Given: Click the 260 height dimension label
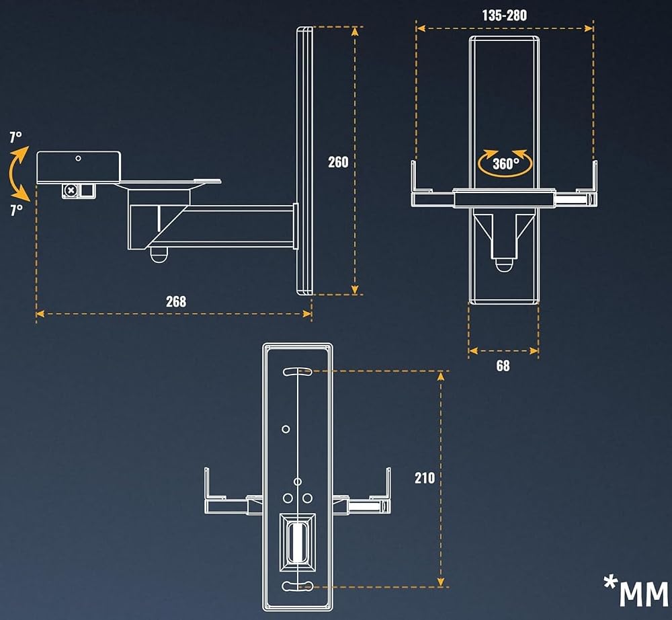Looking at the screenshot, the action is (x=338, y=162).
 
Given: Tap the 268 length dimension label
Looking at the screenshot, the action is (x=176, y=301).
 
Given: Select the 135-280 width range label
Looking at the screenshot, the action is (x=505, y=15).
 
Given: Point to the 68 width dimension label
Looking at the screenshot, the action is (x=503, y=366).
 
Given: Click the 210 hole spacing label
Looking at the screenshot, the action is (x=425, y=477).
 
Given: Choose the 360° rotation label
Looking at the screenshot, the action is (x=506, y=163).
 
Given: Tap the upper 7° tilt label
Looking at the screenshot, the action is (x=16, y=137).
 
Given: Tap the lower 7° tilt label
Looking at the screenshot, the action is (x=16, y=210).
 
